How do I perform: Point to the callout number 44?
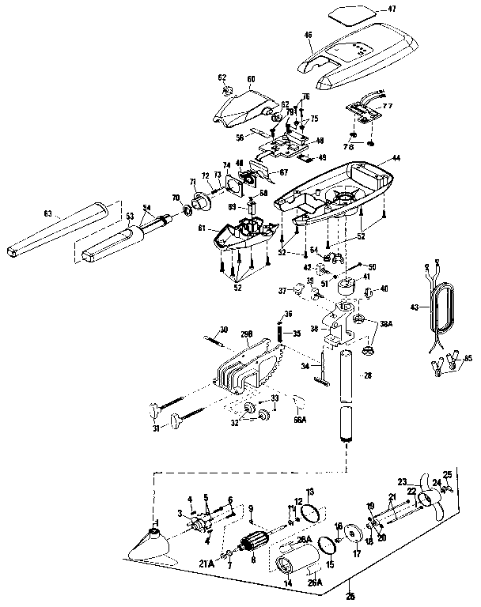[396, 158]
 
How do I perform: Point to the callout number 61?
[203, 228]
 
